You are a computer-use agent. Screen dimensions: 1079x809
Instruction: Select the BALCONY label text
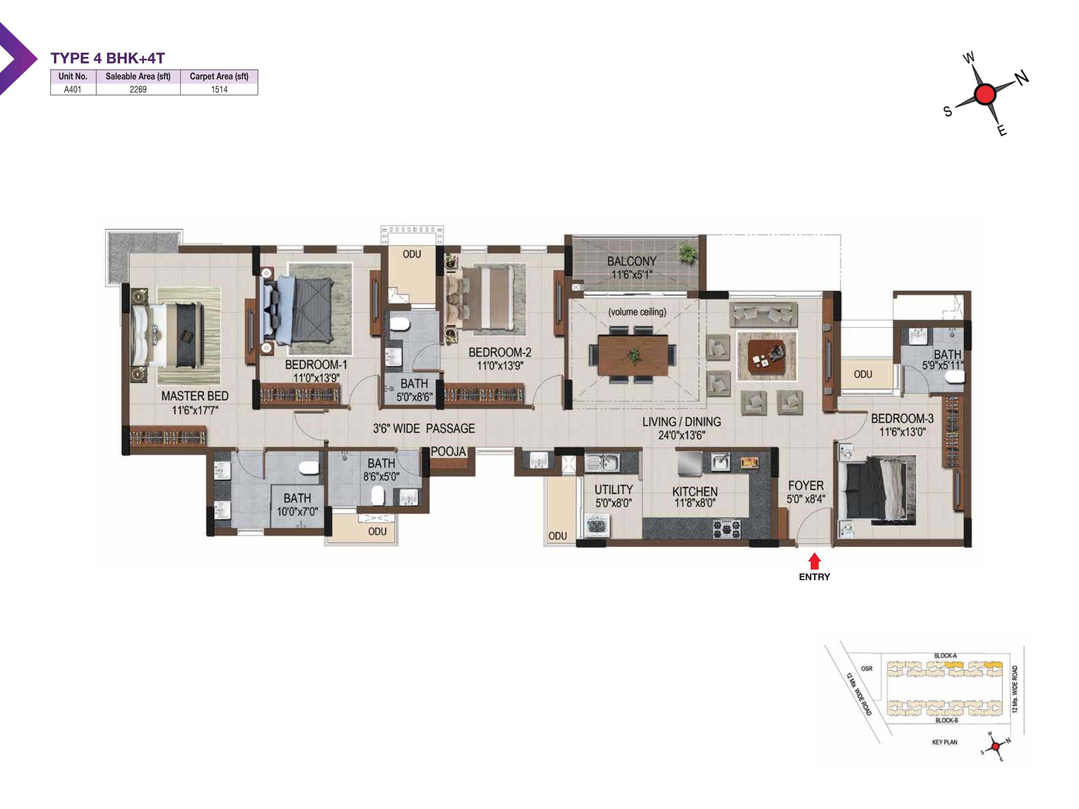(x=632, y=261)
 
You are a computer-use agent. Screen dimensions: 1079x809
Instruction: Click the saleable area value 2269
(x=138, y=89)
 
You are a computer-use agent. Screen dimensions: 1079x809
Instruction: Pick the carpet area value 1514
(x=219, y=89)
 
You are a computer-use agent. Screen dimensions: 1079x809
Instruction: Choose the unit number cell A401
(x=73, y=89)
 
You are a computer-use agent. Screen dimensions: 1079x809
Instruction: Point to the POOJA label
(x=448, y=452)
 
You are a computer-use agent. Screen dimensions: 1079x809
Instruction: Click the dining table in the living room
(x=633, y=356)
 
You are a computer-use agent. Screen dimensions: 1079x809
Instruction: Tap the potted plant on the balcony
(x=687, y=253)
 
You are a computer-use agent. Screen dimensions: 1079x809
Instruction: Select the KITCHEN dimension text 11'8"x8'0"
(x=695, y=503)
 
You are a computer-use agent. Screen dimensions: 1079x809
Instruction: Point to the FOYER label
(x=806, y=486)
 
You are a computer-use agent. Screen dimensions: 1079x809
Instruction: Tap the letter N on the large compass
(x=1022, y=77)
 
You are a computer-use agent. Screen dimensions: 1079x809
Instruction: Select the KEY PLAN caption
(x=945, y=742)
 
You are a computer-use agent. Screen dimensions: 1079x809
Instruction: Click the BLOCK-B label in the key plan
(x=946, y=720)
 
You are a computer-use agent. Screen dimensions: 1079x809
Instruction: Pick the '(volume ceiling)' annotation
(x=637, y=311)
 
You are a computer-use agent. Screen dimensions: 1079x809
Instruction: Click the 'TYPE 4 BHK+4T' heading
(x=108, y=58)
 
